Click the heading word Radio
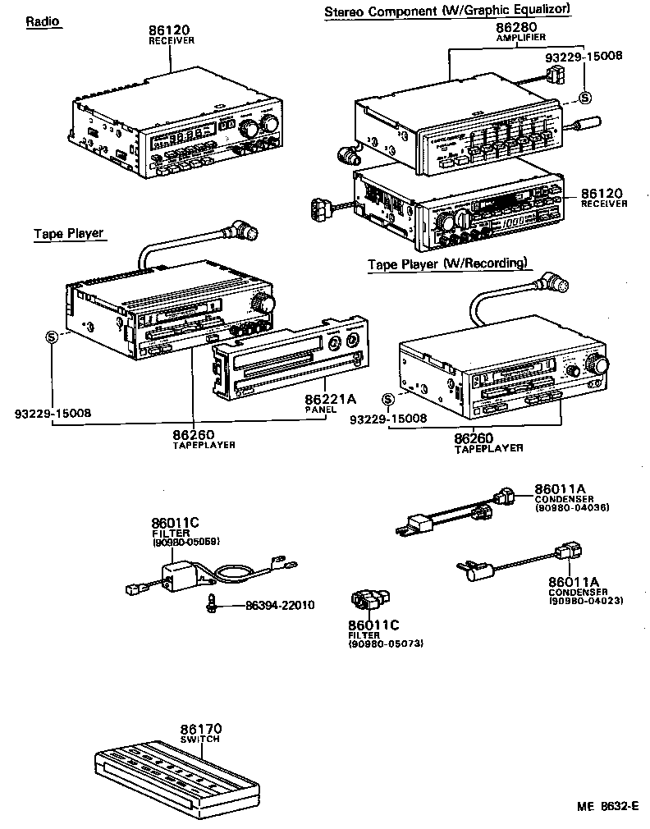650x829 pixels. (x=43, y=22)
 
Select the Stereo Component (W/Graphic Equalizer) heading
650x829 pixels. (x=447, y=10)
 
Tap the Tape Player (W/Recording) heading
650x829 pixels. (x=446, y=263)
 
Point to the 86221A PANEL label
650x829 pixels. (x=331, y=401)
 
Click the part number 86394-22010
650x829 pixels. (x=280, y=605)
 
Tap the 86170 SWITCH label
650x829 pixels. (x=201, y=733)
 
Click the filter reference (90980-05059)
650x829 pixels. (x=185, y=543)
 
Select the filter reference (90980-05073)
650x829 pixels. (x=385, y=644)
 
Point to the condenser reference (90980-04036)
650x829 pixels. (x=571, y=507)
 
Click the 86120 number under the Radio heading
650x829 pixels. (x=171, y=30)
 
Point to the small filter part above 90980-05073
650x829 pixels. (x=369, y=600)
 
